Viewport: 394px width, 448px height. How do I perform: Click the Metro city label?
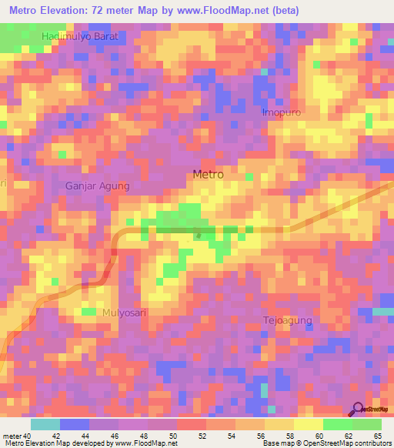point(208,175)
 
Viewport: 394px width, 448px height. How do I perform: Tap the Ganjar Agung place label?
point(97,186)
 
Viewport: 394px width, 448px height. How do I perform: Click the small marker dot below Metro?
point(199,236)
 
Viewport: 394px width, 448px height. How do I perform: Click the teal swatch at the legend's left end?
point(45,424)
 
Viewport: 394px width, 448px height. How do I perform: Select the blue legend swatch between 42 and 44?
point(75,424)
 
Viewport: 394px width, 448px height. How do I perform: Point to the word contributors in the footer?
point(368,444)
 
